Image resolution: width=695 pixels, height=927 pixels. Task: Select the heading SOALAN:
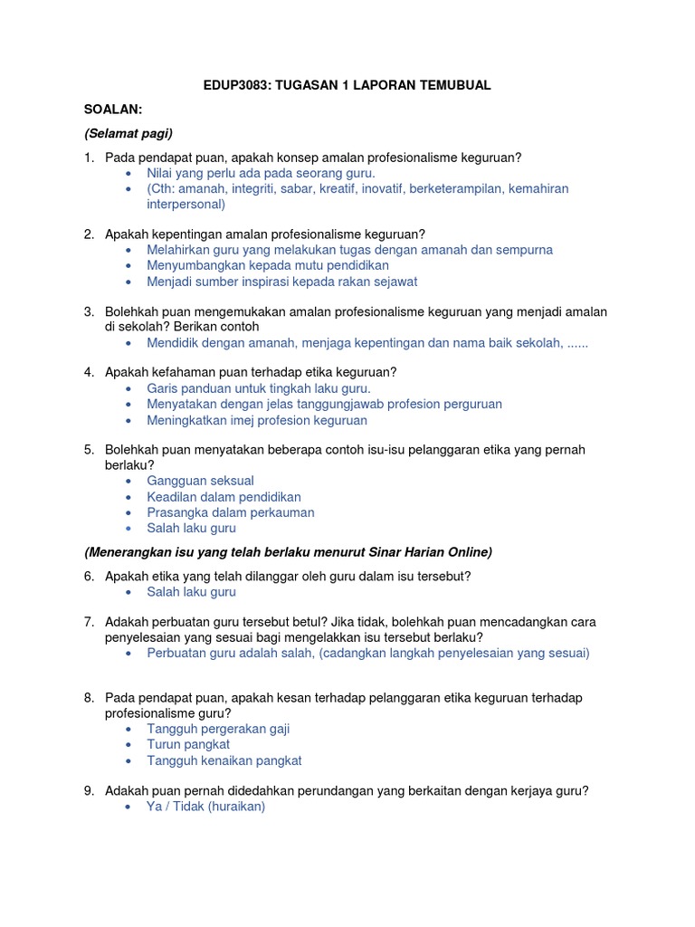tap(113, 110)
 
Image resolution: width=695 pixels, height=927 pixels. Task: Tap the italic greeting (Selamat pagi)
tap(128, 133)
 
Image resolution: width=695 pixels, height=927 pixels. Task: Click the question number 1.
tap(89, 158)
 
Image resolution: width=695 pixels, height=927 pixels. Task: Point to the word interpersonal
tap(186, 205)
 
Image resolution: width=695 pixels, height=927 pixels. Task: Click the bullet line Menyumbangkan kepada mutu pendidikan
tap(268, 265)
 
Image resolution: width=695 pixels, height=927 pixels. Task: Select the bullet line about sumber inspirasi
tap(281, 282)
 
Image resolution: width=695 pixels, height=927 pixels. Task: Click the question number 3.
tap(89, 311)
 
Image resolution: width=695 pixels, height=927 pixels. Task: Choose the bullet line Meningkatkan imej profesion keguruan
tap(257, 420)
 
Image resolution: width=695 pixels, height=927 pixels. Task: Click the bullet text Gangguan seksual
tap(200, 481)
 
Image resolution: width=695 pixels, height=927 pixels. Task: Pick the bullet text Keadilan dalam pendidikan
tap(224, 497)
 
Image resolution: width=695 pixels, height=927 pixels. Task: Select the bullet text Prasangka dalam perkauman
tap(231, 512)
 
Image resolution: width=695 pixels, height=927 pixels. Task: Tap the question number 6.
tap(89, 576)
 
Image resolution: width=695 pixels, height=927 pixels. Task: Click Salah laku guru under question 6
tap(191, 592)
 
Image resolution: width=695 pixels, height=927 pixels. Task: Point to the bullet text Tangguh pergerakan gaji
tap(218, 729)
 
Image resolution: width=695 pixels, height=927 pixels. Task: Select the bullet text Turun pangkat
tap(188, 744)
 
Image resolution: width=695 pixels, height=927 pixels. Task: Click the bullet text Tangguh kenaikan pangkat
tap(224, 760)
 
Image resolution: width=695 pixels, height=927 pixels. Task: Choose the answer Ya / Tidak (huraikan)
tap(205, 807)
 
